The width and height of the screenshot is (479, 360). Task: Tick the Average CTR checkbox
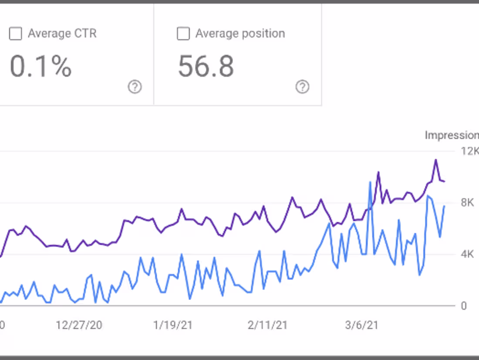click(15, 34)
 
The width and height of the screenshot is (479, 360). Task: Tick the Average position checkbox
click(183, 34)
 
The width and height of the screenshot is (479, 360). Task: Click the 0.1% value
click(40, 67)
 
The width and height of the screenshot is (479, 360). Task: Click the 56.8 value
click(206, 67)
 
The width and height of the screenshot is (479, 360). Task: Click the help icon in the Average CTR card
click(135, 87)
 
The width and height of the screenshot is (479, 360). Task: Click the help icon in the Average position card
click(302, 87)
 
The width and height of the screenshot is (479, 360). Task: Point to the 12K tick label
click(470, 151)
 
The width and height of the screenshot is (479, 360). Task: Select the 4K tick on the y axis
click(467, 254)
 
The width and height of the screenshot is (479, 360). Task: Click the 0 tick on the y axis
click(464, 306)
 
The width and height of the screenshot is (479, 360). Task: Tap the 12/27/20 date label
click(79, 325)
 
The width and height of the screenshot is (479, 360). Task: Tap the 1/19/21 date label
click(173, 325)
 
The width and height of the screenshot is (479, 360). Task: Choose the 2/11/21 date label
click(267, 325)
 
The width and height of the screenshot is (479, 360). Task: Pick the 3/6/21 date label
click(361, 325)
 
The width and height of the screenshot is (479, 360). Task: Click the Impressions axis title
click(452, 135)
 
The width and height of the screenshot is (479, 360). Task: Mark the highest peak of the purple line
click(435, 160)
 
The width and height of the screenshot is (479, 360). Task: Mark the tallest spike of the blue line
click(370, 182)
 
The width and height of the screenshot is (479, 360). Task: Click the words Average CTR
click(62, 34)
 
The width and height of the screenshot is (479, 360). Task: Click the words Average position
click(240, 34)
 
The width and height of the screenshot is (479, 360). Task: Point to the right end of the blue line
click(444, 206)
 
